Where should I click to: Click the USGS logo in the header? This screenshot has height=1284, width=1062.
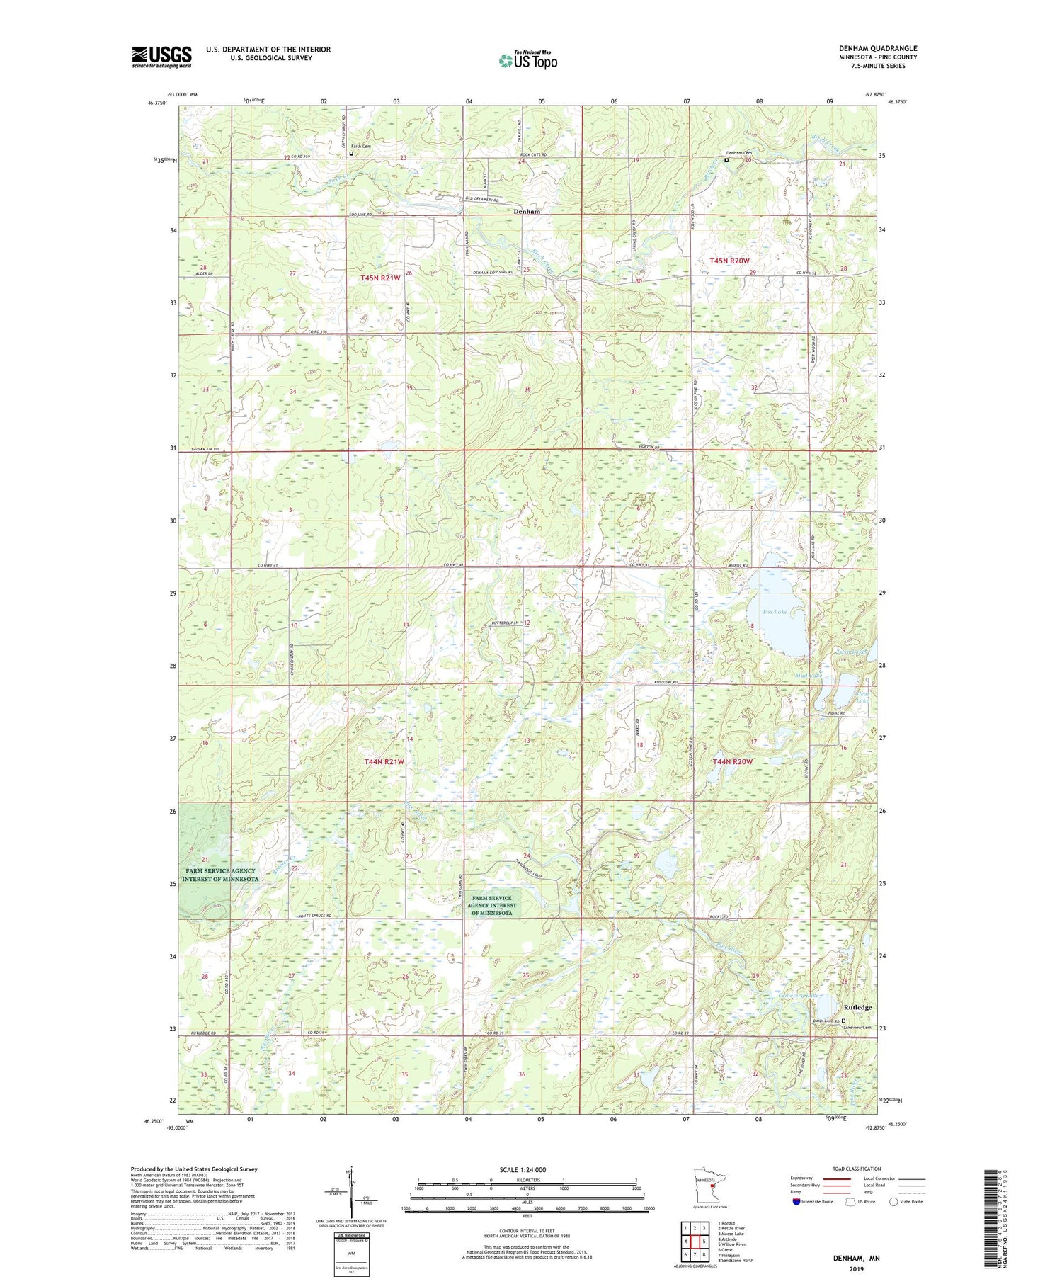tap(161, 57)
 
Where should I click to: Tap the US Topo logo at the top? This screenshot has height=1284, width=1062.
tap(527, 61)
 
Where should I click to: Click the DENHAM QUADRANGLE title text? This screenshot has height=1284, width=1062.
tap(877, 48)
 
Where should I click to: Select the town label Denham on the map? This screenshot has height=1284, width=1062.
tap(526, 212)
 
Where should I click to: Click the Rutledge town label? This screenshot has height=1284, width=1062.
tap(857, 1007)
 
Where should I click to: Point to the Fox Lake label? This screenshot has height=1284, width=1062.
tap(775, 611)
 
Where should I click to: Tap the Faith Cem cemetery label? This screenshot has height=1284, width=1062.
tap(361, 146)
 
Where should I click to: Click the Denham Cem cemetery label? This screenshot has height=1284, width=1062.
tap(739, 153)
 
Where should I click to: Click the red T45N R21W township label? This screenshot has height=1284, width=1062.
tap(380, 278)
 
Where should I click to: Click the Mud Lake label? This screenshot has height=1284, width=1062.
tap(808, 676)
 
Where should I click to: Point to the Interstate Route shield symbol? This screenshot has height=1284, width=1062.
tap(796, 1201)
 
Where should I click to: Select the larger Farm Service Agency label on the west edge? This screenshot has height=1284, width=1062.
tap(219, 875)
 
